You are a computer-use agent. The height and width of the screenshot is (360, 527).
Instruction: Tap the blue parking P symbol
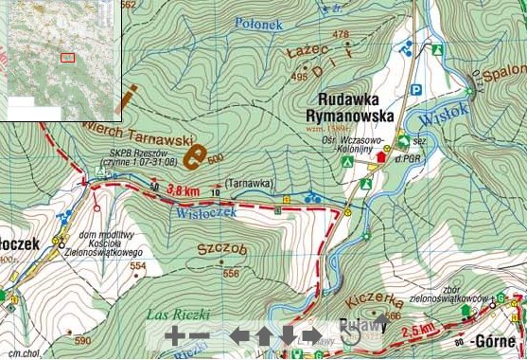click(x=414, y=89)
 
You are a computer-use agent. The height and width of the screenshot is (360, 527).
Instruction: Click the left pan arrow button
click(x=239, y=335)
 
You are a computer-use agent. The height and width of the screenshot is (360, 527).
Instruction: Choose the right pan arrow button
click(x=310, y=335)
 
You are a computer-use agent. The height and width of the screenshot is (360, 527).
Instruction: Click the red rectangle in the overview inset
click(x=66, y=57)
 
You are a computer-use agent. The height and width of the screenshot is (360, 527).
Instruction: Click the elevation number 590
click(x=82, y=341)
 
